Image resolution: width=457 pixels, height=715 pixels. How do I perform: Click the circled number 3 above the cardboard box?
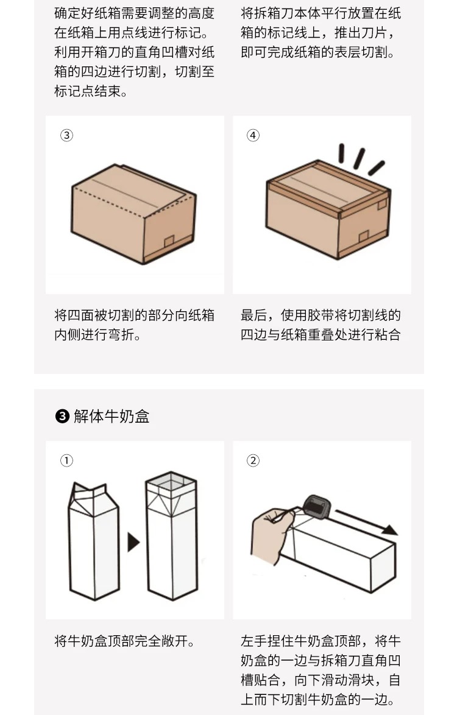pos(66,135)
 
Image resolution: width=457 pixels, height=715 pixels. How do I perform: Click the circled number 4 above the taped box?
pos(253,135)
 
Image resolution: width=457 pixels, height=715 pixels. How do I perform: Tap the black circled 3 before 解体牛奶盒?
pos(62,417)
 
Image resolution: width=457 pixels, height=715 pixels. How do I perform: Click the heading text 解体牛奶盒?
pos(112,417)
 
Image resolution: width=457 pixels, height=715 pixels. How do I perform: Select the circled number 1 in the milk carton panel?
pos(66,460)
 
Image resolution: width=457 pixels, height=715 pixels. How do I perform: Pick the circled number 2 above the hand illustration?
pos(253,460)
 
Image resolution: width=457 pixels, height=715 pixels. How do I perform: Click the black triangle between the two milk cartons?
pos(133,541)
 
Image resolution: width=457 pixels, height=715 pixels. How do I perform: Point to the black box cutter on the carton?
pos(316,507)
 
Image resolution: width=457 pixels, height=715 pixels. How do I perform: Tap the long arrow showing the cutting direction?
pos(366,523)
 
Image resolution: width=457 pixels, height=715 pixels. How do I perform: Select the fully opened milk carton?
pos(171,536)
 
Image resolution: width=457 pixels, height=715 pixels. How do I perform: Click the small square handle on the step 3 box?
pos(169,241)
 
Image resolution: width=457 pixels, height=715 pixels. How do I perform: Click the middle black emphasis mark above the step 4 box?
pos(360,158)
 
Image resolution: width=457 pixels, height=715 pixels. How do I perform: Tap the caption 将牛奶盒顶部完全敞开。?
pos(125,641)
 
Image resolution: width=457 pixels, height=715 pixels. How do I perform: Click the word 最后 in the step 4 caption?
pos(253,315)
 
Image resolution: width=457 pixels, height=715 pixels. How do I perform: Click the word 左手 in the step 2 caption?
pos(253,641)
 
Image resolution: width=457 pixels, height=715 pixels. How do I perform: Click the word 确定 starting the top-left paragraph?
pos(68,13)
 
